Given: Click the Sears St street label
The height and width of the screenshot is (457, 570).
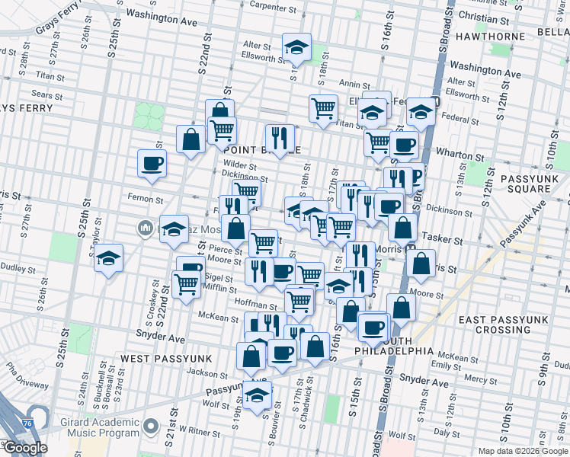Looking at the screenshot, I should coord(46,95).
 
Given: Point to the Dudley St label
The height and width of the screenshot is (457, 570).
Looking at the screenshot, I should coord(13,267).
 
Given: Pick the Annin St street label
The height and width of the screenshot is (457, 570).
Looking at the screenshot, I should coord(354,85).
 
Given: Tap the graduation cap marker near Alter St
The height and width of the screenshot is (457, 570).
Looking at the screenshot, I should coord(296,48).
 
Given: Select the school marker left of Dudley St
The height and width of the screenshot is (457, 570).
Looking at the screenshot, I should coord(109,258).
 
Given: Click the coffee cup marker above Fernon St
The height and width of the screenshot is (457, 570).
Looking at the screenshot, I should coord(152,164).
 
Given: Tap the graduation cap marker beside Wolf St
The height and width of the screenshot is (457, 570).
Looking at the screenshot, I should coord(258,395).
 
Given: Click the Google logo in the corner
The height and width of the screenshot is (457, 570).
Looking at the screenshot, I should coord(24,448).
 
